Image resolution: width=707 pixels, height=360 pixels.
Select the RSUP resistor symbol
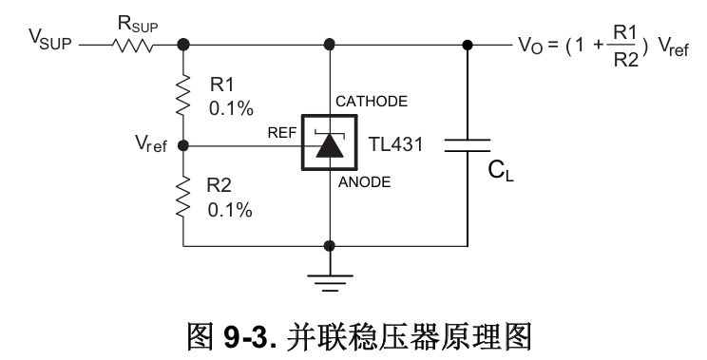click(x=132, y=44)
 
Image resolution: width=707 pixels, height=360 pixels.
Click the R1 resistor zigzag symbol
click(x=182, y=94)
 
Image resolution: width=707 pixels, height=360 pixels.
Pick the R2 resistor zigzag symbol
click(x=182, y=197)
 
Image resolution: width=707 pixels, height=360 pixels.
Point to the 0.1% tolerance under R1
click(x=232, y=107)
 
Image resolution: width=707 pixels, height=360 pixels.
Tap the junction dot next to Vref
click(x=182, y=146)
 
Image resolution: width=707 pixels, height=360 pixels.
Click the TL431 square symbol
click(x=330, y=145)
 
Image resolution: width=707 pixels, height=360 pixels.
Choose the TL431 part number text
click(x=395, y=146)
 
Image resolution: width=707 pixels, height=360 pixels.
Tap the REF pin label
click(x=281, y=134)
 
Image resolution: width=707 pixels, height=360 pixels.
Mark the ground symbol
click(x=330, y=276)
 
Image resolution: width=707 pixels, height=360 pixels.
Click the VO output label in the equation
click(x=529, y=45)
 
